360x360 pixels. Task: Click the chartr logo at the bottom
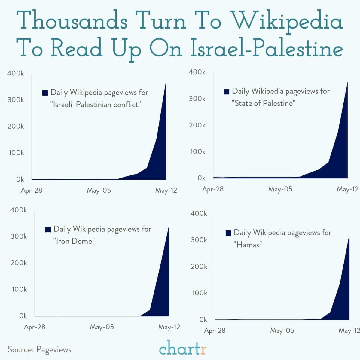pyautogui.click(x=183, y=349)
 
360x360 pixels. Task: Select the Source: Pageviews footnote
pyautogui.click(x=39, y=349)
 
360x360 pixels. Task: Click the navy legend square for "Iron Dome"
pyautogui.click(x=48, y=230)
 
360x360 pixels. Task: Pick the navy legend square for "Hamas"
pyautogui.click(x=228, y=233)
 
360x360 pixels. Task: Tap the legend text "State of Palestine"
pyautogui.click(x=264, y=103)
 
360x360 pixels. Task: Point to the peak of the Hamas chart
pyautogui.click(x=349, y=235)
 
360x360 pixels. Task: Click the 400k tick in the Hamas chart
pyautogui.click(x=199, y=214)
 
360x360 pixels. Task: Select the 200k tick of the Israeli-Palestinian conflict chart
pyautogui.click(x=16, y=126)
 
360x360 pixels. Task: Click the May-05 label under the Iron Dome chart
pyautogui.click(x=102, y=327)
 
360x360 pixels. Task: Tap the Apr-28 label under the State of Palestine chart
pyautogui.click(x=213, y=189)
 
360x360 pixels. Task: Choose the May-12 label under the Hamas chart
pyautogui.click(x=349, y=331)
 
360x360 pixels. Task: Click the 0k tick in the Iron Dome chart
pyautogui.click(x=23, y=316)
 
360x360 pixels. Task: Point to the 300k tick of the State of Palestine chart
pyautogui.click(x=197, y=99)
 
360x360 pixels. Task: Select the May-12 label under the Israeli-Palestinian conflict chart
pyautogui.click(x=166, y=191)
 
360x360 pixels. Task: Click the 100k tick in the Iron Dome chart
pyautogui.click(x=19, y=289)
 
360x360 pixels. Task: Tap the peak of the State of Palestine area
pyautogui.click(x=347, y=82)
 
